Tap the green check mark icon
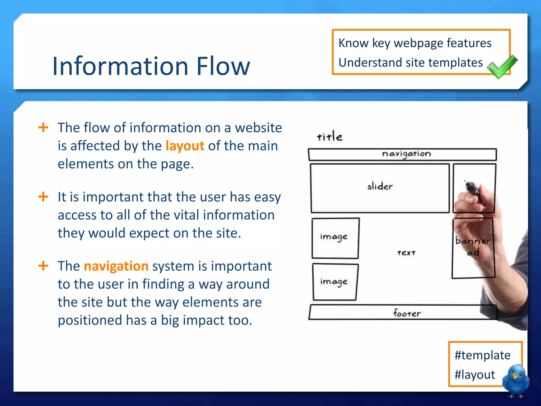pyautogui.click(x=502, y=67)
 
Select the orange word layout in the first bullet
pyautogui.click(x=185, y=146)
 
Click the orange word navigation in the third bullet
pyautogui.click(x=116, y=266)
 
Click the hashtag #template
pyautogui.click(x=482, y=355)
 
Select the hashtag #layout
pyautogui.click(x=474, y=375)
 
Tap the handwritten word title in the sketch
pyautogui.click(x=329, y=137)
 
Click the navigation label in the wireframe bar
pyautogui.click(x=406, y=154)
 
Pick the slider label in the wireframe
pyautogui.click(x=380, y=186)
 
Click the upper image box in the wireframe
pyautogui.click(x=335, y=238)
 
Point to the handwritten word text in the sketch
pyautogui.click(x=406, y=253)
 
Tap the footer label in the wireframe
pyautogui.click(x=407, y=313)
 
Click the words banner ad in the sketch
pyautogui.click(x=473, y=246)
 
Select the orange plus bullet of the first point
pyautogui.click(x=43, y=127)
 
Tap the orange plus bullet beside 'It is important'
pyautogui.click(x=43, y=197)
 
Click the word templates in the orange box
pyautogui.click(x=455, y=63)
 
